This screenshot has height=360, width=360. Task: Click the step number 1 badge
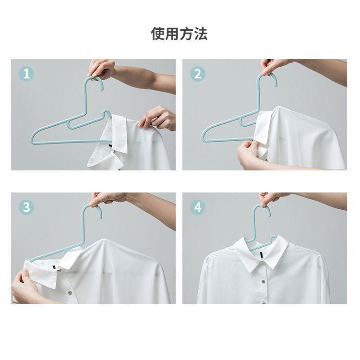tap(26, 74)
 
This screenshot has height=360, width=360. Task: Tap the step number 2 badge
tap(198, 74)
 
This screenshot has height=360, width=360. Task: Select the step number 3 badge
tap(26, 207)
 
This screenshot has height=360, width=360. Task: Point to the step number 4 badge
tap(198, 207)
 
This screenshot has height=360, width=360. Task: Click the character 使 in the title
tap(158, 34)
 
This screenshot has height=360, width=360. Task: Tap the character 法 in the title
tap(201, 34)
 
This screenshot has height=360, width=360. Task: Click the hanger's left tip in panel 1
tap(32, 140)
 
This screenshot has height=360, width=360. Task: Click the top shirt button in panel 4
tap(263, 282)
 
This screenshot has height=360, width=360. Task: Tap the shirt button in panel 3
tap(70, 293)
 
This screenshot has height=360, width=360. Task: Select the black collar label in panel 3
tap(54, 267)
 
